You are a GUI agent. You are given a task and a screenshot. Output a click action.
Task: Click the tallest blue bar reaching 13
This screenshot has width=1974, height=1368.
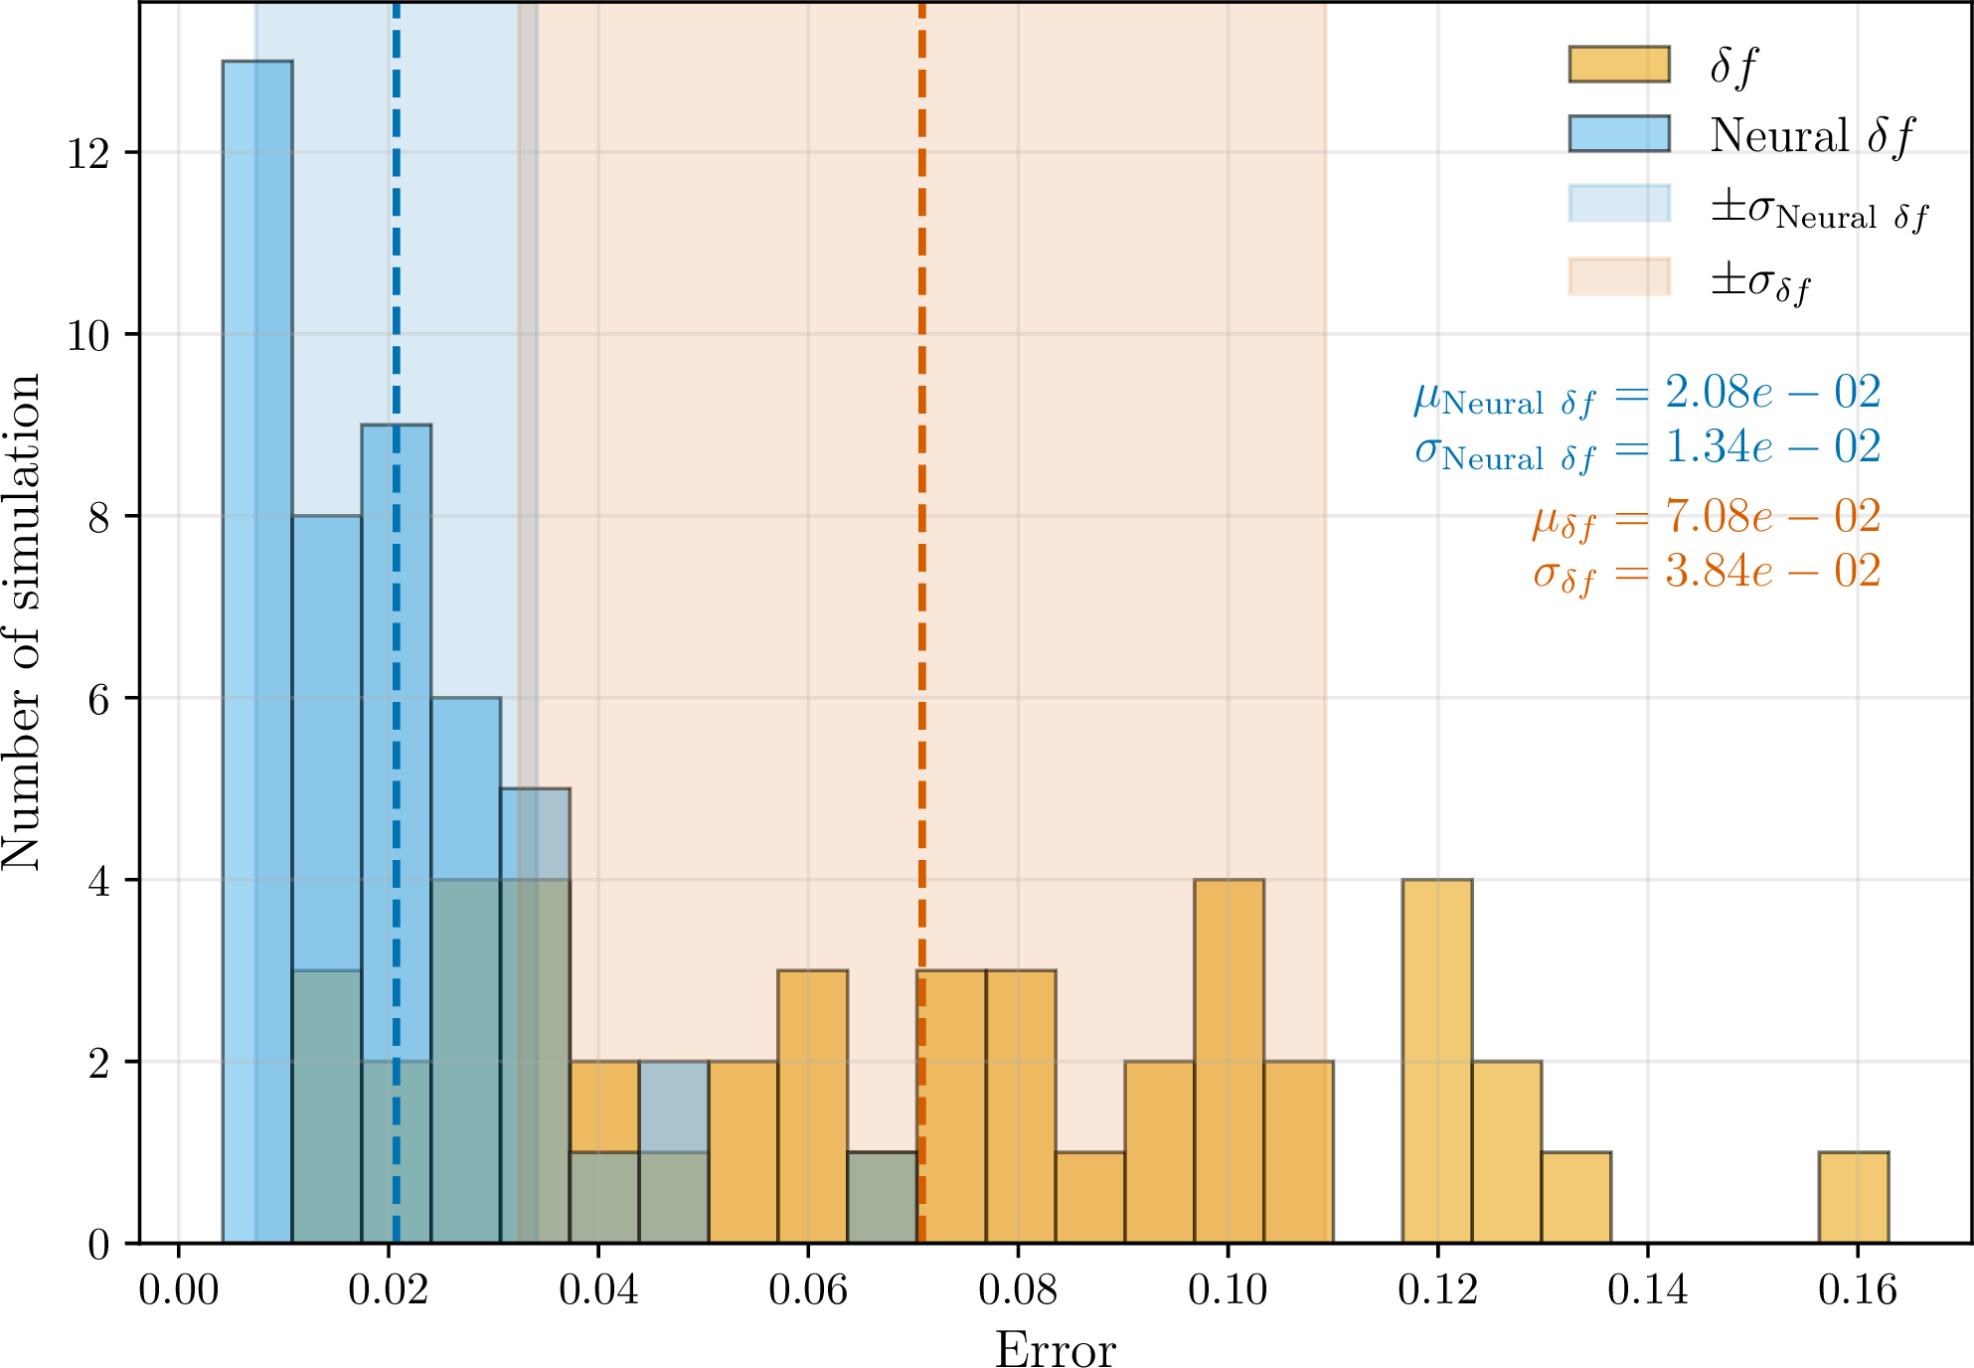[257, 651]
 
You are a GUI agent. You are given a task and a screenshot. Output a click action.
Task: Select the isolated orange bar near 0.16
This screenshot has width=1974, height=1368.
[1854, 1197]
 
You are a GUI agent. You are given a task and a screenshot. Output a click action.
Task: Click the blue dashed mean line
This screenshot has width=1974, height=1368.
[396, 622]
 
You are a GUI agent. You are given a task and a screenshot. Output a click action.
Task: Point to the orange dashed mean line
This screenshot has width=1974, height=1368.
[922, 622]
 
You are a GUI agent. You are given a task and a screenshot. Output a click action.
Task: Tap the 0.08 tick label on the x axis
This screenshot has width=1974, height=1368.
[1018, 1290]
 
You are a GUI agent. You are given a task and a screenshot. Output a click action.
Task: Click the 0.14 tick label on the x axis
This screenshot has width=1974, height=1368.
[1648, 1290]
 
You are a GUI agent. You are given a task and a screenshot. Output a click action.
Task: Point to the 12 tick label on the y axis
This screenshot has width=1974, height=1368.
[87, 153]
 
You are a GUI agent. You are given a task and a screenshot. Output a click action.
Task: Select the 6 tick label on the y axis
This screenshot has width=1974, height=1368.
[98, 699]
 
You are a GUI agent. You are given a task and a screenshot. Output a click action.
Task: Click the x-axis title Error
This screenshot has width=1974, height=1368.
[1056, 1350]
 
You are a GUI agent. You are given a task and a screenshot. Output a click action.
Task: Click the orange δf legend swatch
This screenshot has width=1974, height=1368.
[1619, 64]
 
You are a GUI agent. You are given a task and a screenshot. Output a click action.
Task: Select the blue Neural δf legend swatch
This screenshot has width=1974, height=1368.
[1619, 133]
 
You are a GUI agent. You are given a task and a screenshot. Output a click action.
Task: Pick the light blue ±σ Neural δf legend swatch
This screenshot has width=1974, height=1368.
[1619, 203]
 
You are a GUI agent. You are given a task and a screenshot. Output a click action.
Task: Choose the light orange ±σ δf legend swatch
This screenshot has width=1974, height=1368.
[1619, 276]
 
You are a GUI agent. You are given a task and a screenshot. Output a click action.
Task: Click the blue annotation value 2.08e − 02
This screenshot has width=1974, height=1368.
[1773, 393]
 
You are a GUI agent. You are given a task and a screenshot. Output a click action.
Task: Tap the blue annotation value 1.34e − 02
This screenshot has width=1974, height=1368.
[1773, 447]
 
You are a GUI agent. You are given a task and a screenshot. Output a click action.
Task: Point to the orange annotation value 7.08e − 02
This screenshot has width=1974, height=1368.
[1773, 517]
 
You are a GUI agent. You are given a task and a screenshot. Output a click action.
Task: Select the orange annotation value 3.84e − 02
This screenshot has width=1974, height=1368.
[1773, 572]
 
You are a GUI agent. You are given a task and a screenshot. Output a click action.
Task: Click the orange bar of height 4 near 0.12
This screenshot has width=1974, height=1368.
[1437, 1061]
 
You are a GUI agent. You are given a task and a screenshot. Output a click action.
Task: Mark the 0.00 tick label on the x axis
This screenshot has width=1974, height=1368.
[179, 1290]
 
